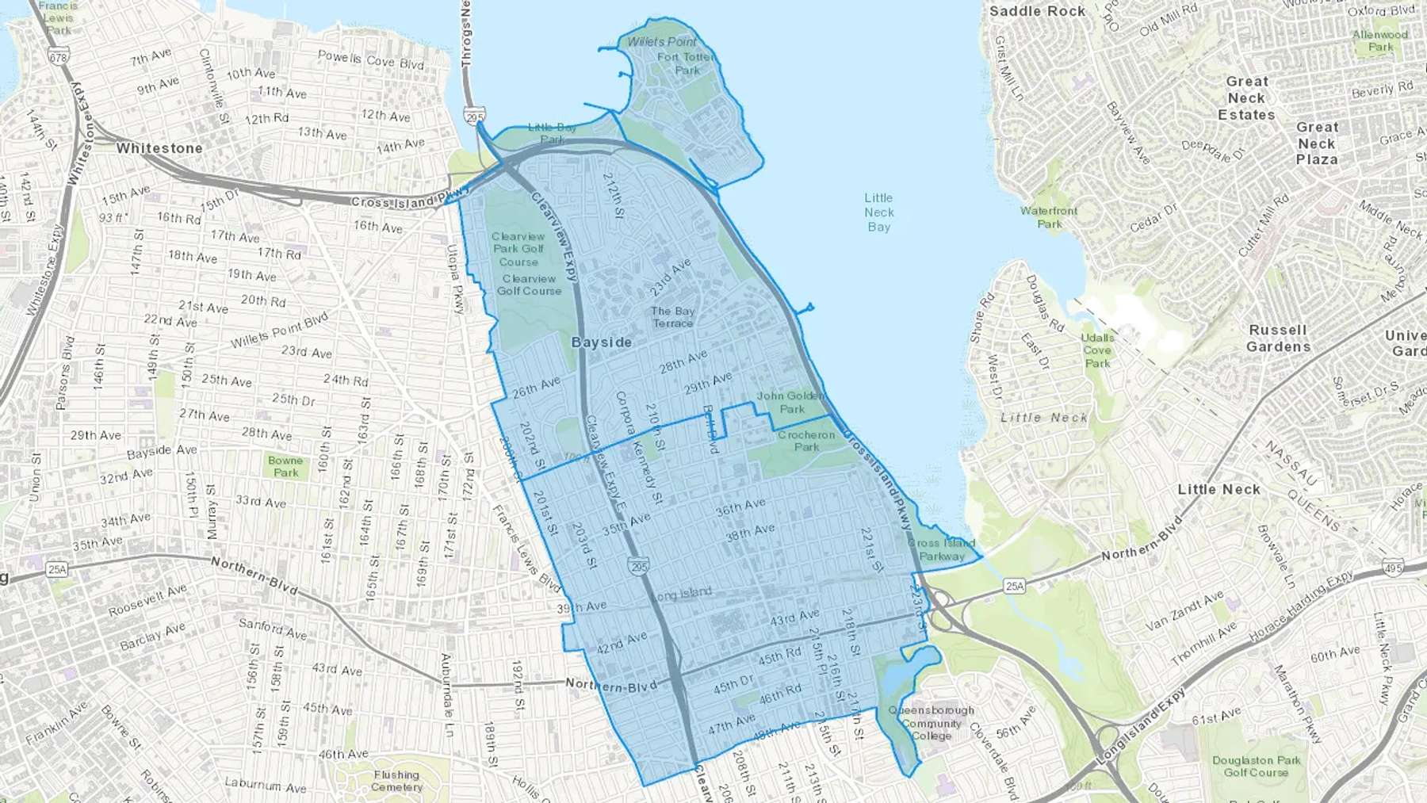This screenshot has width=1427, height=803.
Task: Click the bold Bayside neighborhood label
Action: point(602,342)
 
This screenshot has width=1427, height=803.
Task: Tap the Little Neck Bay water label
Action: point(878,212)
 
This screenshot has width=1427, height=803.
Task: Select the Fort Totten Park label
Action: point(687,63)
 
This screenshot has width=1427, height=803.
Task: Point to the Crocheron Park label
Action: point(806,441)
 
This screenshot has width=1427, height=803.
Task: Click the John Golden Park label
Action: point(791,402)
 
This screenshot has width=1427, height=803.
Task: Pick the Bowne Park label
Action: point(285,466)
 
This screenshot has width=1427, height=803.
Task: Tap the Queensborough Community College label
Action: point(931,723)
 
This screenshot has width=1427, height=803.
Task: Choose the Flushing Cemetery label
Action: point(396,781)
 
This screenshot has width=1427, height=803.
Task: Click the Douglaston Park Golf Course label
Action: point(1256,766)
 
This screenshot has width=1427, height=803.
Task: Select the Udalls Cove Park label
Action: point(1097,350)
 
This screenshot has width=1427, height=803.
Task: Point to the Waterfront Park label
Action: point(1049,217)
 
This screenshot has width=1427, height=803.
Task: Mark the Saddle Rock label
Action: point(1037,11)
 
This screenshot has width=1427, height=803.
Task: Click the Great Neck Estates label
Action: point(1246,98)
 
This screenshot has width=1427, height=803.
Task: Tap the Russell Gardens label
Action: point(1278,338)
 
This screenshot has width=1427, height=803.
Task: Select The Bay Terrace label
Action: point(672,317)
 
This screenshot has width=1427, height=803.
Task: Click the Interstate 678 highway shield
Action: point(58,57)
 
